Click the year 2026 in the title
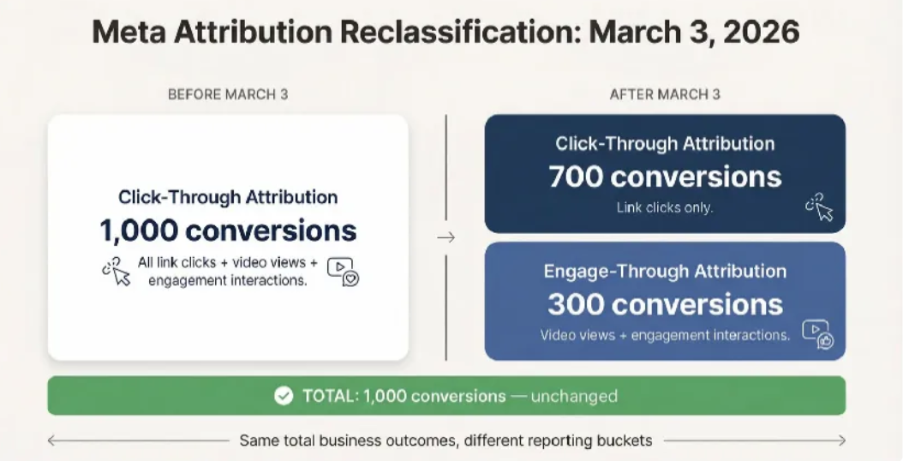tap(761, 32)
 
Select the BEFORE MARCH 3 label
tap(228, 94)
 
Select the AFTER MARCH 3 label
tap(665, 94)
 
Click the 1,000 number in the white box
tap(139, 230)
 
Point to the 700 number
tap(576, 177)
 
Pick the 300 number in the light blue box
tap(576, 304)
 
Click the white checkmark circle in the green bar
tap(284, 396)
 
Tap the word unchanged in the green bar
tap(574, 396)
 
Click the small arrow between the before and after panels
tap(446, 237)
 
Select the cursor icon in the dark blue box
tap(820, 207)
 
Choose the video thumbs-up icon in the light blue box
tap(818, 334)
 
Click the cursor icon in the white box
tap(117, 272)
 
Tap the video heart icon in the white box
tap(344, 272)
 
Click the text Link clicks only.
tap(665, 207)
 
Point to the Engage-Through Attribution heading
tap(665, 272)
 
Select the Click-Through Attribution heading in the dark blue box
tap(665, 143)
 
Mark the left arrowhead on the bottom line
tap(51, 440)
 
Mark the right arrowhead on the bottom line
tap(841, 440)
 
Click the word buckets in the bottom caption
tap(626, 440)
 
